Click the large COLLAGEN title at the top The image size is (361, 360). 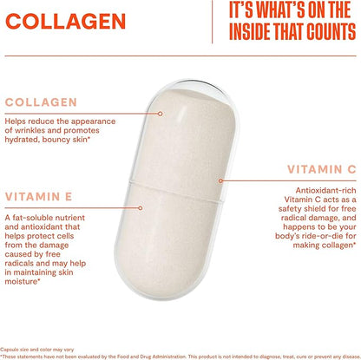pyautogui.click(x=65, y=21)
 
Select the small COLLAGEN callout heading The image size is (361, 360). pyautogui.click(x=41, y=102)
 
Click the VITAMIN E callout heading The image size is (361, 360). pyautogui.click(x=38, y=197)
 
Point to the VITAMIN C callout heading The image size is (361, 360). pyautogui.click(x=322, y=169)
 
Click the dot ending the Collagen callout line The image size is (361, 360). pyautogui.click(x=160, y=114)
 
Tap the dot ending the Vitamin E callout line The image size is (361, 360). pyautogui.click(x=141, y=208)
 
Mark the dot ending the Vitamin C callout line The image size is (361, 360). pyautogui.click(x=220, y=180)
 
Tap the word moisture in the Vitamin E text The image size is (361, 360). pyautogui.click(x=22, y=281)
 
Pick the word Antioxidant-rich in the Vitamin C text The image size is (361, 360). pyautogui.click(x=325, y=191)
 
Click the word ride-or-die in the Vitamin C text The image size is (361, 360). pyautogui.click(x=321, y=236)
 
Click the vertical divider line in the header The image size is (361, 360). pyautogui.click(x=213, y=22)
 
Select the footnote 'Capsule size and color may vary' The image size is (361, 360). pyautogui.click(x=37, y=350)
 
